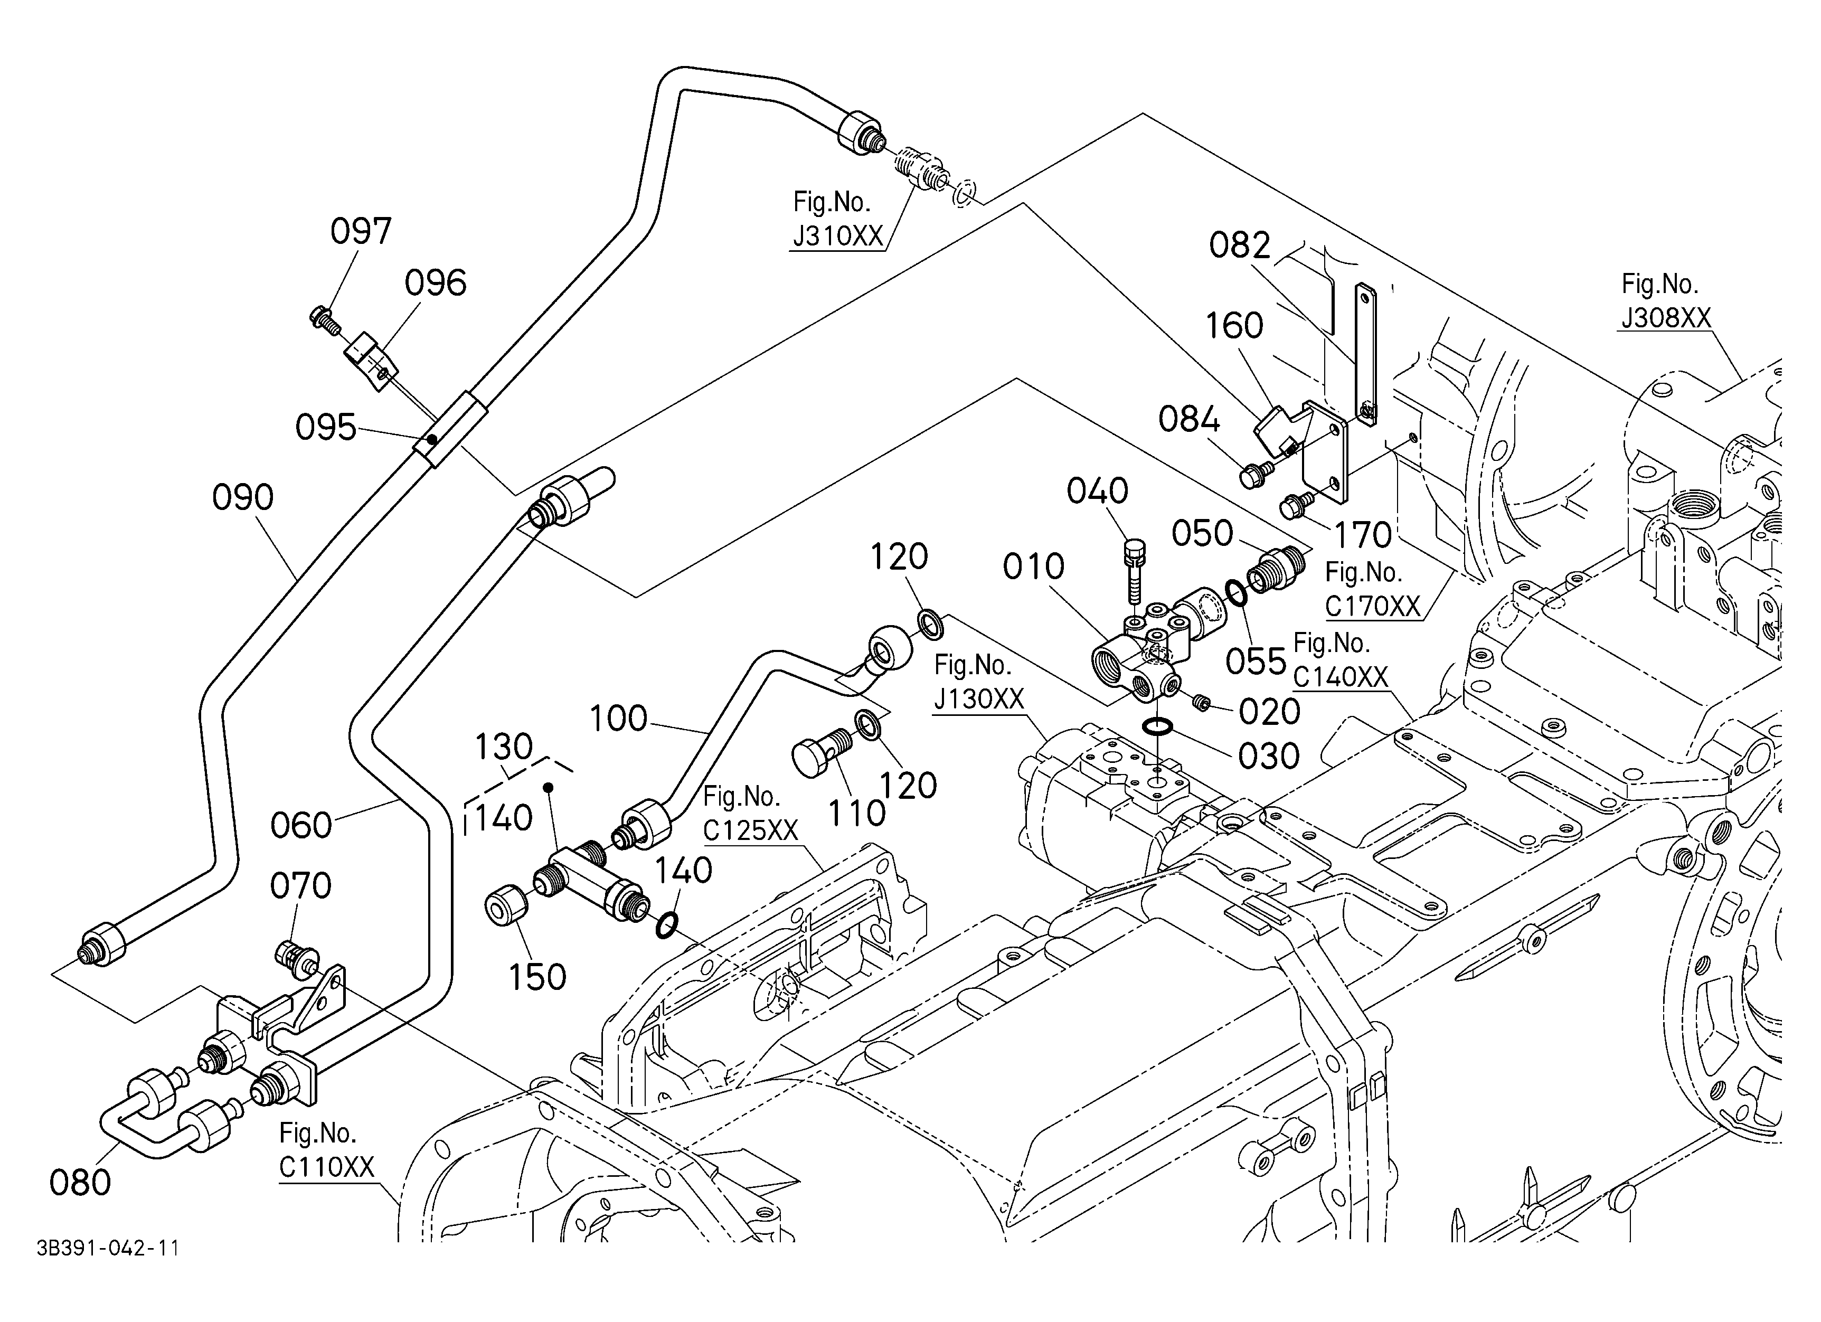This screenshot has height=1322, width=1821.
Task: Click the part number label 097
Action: pyautogui.click(x=361, y=231)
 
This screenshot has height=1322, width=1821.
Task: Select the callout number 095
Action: pyautogui.click(x=325, y=427)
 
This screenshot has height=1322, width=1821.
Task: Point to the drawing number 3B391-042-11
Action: pyautogui.click(x=108, y=1248)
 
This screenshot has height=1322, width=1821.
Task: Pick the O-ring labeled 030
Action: pyautogui.click(x=1157, y=727)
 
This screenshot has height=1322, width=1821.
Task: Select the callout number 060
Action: pyautogui.click(x=301, y=825)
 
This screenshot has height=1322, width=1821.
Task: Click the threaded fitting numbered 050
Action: pyautogui.click(x=1272, y=571)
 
